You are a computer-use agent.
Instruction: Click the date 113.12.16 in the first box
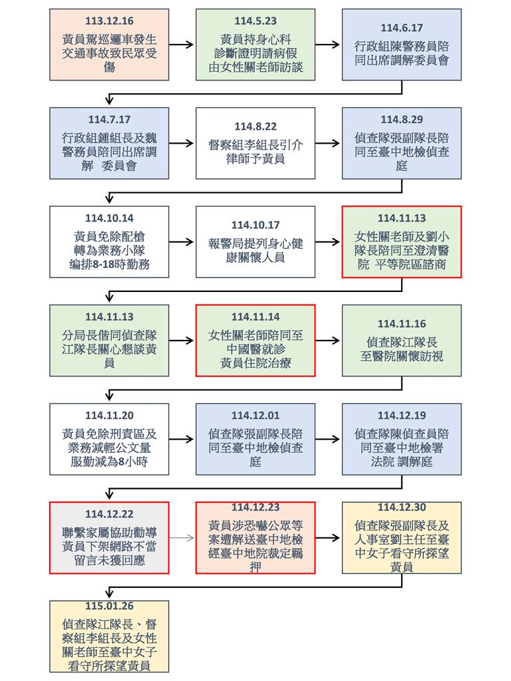coord(109,21)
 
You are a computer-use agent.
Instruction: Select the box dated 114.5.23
coord(255,46)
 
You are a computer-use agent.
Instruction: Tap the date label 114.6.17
coord(402,28)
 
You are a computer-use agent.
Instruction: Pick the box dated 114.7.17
coord(109,143)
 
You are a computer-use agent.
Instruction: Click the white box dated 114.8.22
coord(255,143)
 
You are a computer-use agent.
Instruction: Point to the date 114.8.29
coord(402,120)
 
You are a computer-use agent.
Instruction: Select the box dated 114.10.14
coord(109,242)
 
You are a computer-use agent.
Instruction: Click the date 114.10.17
coord(255,225)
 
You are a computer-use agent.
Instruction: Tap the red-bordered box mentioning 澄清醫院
coord(402,242)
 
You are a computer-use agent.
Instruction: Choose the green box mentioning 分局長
coord(109,340)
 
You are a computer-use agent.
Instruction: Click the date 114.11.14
coord(255,317)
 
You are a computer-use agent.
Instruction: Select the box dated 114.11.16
coord(402,340)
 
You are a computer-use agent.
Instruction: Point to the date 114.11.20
coord(109,416)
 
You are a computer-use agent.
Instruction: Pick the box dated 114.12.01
coord(255,439)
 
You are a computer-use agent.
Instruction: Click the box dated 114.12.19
coord(402,439)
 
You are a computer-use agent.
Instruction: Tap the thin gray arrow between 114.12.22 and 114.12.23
coord(182,538)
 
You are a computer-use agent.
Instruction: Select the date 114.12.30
coord(402,508)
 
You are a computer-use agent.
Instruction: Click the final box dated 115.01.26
coord(109,636)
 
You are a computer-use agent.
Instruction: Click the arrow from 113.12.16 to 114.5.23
coord(182,45)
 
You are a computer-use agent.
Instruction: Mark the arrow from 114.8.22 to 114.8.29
coord(328,143)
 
